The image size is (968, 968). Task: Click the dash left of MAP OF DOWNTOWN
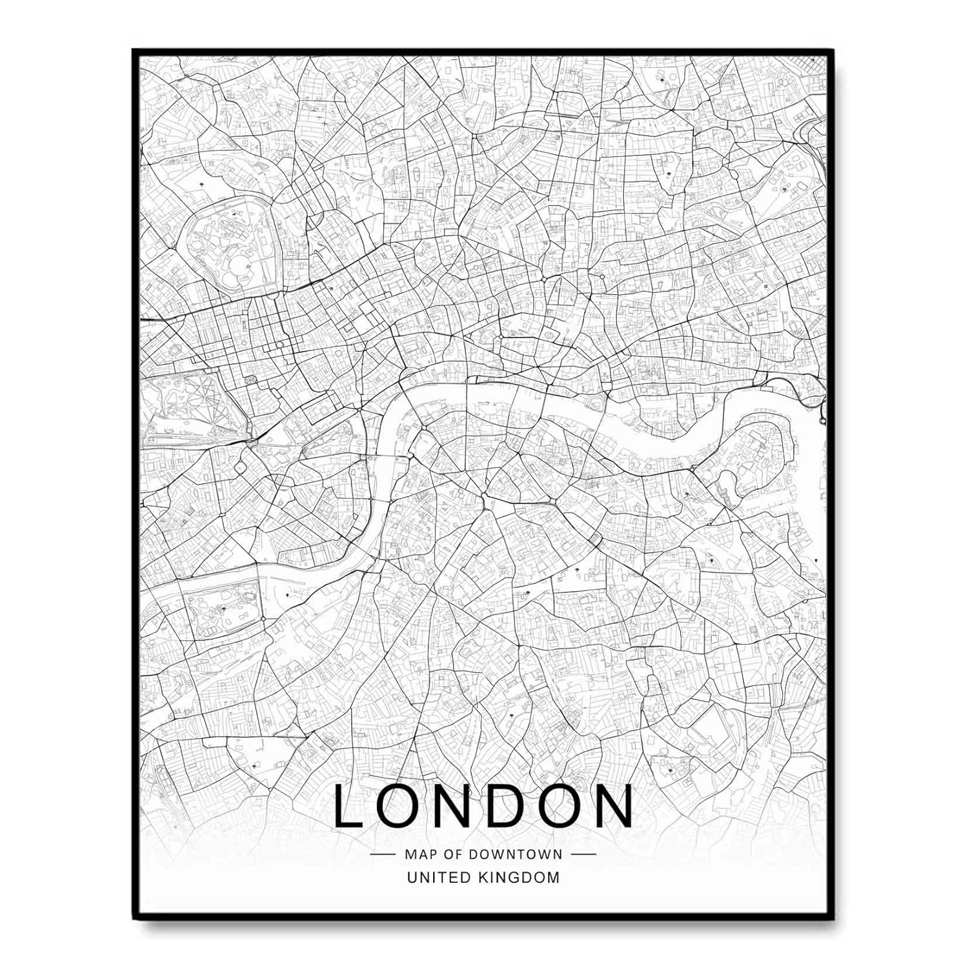383,854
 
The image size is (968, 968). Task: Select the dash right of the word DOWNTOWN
584,854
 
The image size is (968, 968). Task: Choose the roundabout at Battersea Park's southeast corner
263,619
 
